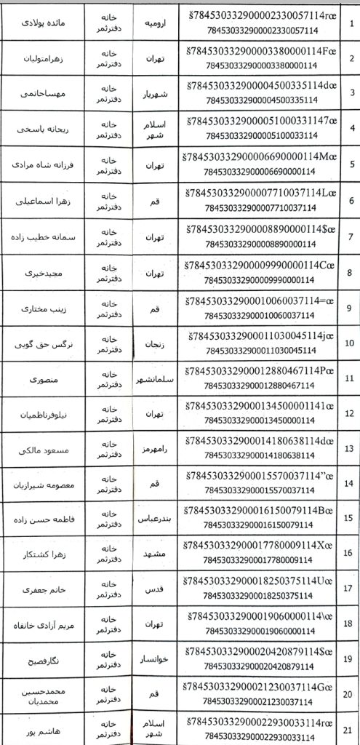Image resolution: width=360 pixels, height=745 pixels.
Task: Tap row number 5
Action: [351, 164]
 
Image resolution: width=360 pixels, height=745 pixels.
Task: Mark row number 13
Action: [351, 447]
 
